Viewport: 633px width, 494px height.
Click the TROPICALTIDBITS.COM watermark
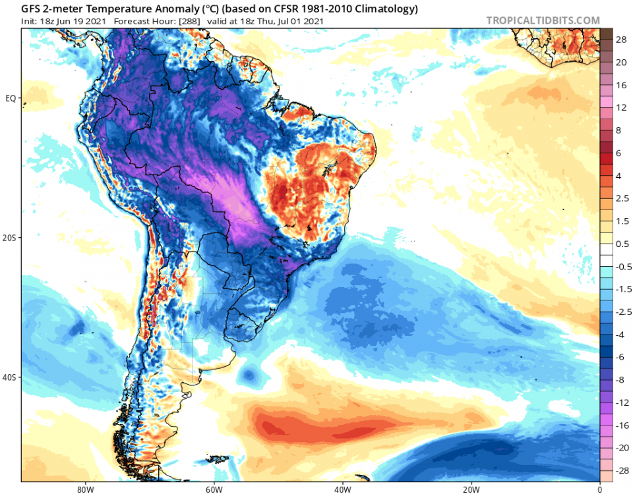pos(543,20)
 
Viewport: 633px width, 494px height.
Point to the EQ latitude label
pos(11,98)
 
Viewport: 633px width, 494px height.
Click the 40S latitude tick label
pos(10,377)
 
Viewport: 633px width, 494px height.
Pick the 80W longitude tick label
pos(83,489)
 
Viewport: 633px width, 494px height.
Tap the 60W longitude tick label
pos(212,489)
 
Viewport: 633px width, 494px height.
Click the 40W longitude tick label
pos(342,489)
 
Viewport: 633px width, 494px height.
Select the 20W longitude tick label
pos(471,489)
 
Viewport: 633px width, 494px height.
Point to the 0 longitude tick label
pos(599,489)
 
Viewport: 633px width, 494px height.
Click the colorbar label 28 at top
pos(620,40)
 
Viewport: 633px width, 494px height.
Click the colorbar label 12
pos(620,107)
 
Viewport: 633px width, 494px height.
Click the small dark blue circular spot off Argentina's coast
pos(249,375)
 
